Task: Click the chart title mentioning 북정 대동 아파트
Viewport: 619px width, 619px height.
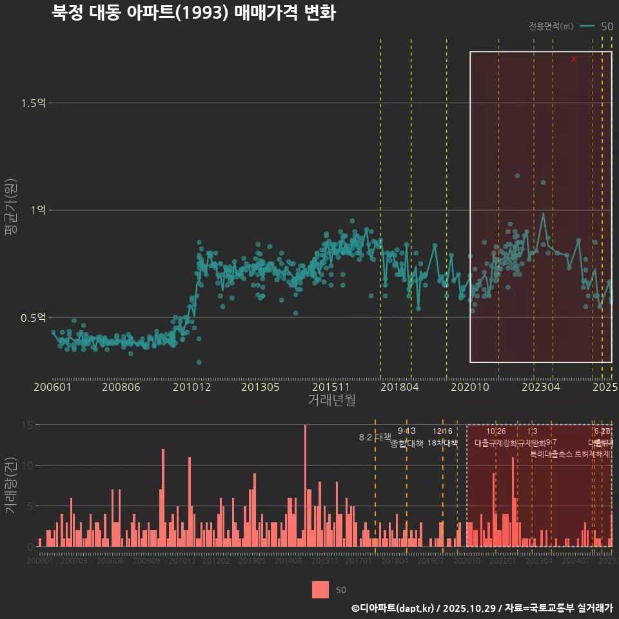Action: click(x=193, y=13)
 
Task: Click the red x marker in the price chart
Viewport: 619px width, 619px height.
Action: click(x=574, y=59)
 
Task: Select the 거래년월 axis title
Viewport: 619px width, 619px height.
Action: click(x=331, y=400)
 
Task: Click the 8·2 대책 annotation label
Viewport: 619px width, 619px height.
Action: click(x=375, y=437)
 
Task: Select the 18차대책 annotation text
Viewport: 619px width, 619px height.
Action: click(x=442, y=443)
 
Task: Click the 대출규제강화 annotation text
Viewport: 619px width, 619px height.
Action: click(x=496, y=443)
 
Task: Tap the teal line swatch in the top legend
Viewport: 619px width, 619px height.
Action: click(x=587, y=26)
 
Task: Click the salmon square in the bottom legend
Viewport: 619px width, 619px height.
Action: click(x=320, y=589)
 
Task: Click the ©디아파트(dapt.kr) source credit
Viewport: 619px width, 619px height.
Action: click(x=393, y=608)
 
